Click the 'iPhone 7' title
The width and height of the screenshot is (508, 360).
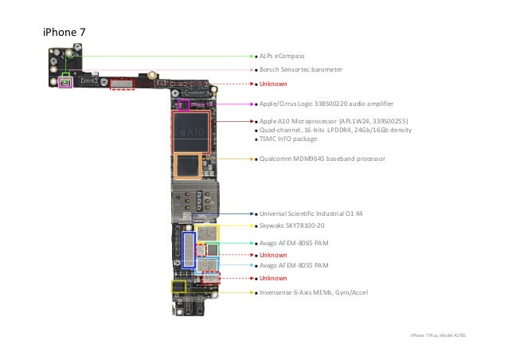[x=64, y=32]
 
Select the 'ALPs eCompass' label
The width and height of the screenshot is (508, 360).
[x=282, y=56]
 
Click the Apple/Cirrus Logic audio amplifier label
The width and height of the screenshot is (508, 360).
[x=326, y=104]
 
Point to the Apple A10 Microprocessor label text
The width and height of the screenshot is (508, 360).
[x=334, y=121]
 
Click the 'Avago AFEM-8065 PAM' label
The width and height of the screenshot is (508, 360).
[x=294, y=243]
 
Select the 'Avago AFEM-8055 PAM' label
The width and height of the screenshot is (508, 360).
[x=294, y=265]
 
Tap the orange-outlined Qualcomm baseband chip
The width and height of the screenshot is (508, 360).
[x=189, y=166]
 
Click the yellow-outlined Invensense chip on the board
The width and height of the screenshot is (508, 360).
[x=178, y=287]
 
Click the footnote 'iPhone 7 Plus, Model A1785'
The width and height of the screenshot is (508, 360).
[x=438, y=337]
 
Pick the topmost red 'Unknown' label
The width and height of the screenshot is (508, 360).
[x=273, y=84]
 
